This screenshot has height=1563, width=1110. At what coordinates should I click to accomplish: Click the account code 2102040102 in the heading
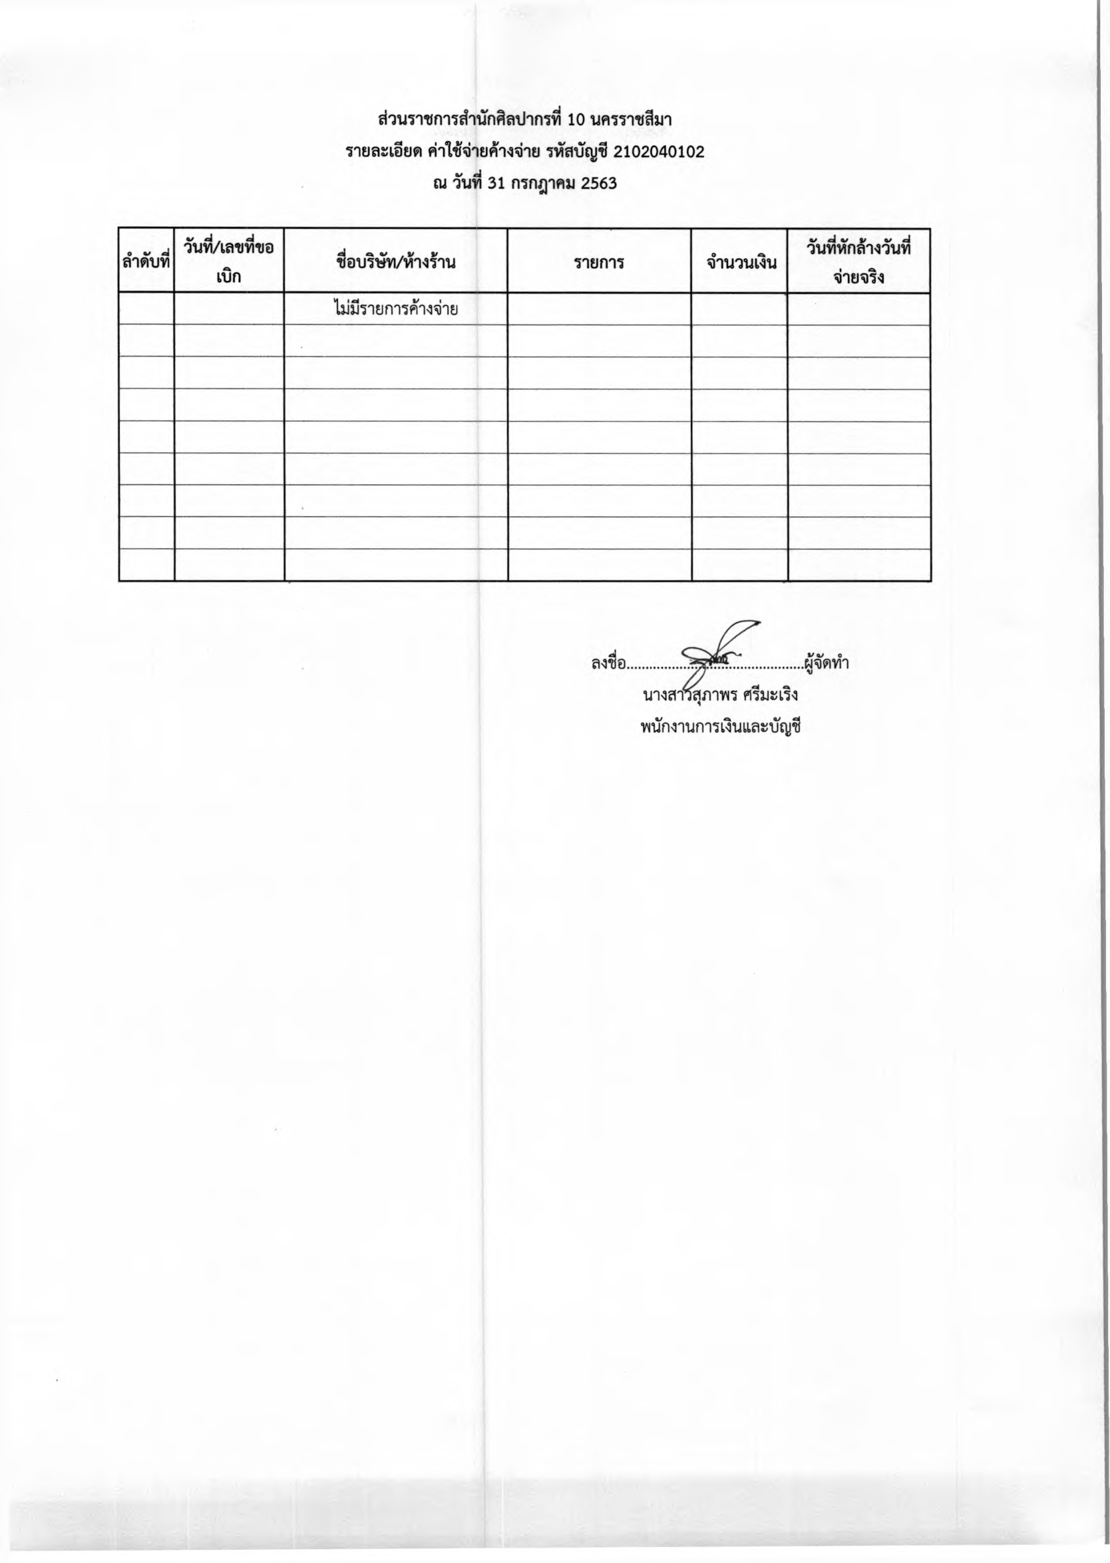click(x=659, y=152)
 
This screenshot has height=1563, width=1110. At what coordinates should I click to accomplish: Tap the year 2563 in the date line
click(x=599, y=183)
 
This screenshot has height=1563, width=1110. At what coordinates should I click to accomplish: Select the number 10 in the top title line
click(x=577, y=120)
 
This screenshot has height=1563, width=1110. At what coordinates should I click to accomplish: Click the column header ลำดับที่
click(x=146, y=261)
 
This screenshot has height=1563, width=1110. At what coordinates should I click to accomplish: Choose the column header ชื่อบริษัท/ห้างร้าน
click(x=396, y=261)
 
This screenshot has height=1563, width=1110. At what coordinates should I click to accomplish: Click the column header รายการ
click(x=599, y=261)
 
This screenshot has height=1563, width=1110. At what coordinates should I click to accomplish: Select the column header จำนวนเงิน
click(x=739, y=261)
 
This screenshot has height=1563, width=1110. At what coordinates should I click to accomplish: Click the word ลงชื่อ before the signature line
click(x=608, y=663)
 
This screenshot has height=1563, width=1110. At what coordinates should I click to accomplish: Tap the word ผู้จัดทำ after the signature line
click(x=827, y=663)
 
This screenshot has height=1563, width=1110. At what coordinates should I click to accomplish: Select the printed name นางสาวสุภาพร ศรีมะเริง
click(x=721, y=696)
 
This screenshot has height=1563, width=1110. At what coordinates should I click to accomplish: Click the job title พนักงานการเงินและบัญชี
click(x=721, y=727)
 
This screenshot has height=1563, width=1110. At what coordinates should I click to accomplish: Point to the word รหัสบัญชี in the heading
click(x=578, y=152)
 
